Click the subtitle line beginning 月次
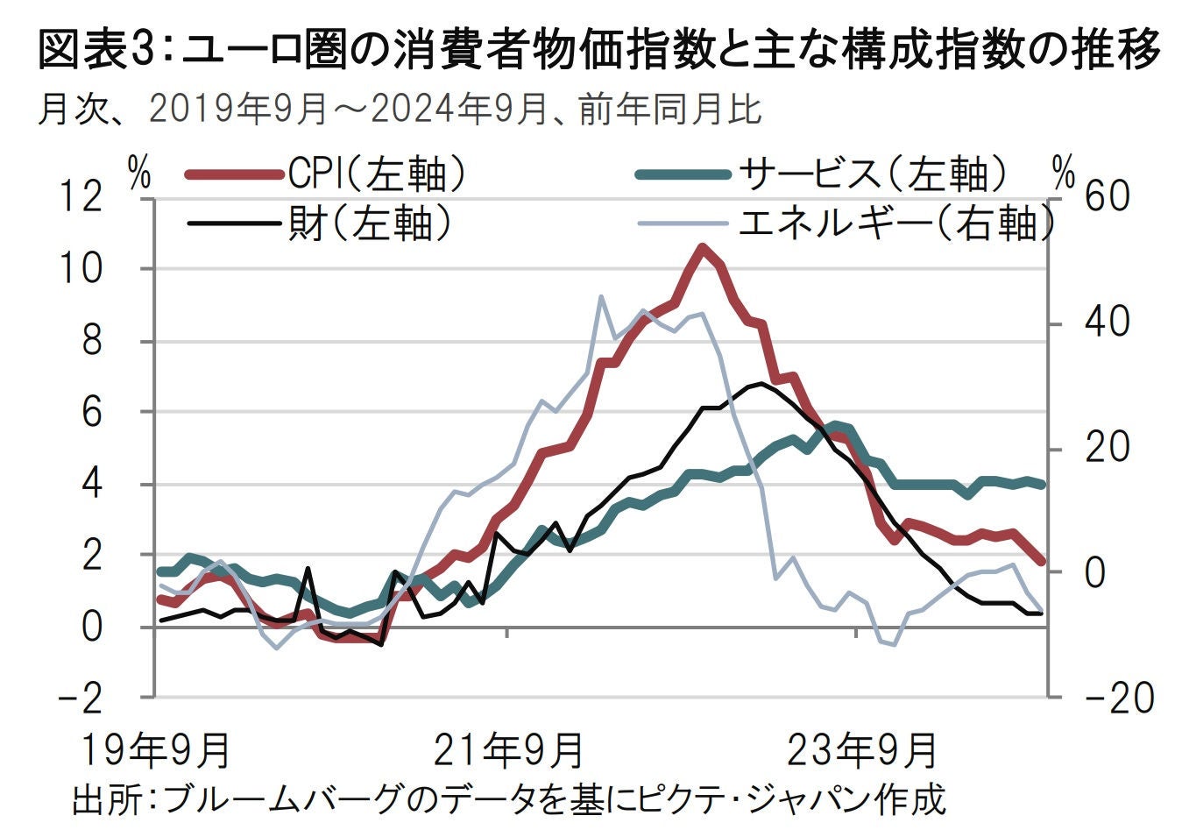pyautogui.click(x=399, y=110)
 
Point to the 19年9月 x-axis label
pyautogui.click(x=156, y=750)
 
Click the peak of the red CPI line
pyautogui.click(x=702, y=248)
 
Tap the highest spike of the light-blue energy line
pyautogui.click(x=601, y=297)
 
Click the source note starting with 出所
pyautogui.click(x=508, y=800)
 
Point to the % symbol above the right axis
pyautogui.click(x=1063, y=174)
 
